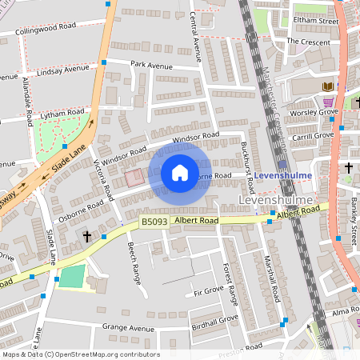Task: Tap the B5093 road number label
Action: point(153,222)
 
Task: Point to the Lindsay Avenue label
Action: point(62,70)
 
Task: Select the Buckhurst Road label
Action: point(247,164)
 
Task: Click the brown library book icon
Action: point(326,86)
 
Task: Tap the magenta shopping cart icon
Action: point(328,102)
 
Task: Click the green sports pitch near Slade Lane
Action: point(71,278)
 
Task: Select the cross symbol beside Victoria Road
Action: point(87,237)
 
